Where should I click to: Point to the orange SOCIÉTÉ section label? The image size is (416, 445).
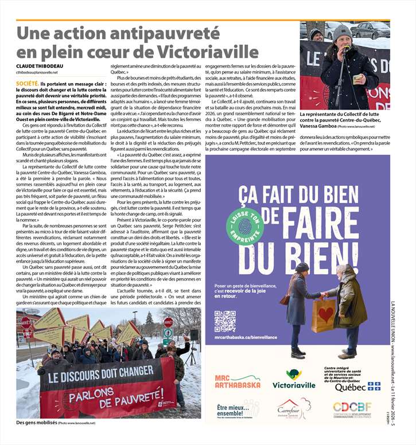(27, 83)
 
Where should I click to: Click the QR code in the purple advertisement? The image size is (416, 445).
(224, 322)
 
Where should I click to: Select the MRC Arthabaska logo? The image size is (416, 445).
(237, 381)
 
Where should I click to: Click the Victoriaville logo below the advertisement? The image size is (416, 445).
(294, 380)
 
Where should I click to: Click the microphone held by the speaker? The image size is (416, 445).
(346, 48)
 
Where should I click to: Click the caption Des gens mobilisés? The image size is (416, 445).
(36, 423)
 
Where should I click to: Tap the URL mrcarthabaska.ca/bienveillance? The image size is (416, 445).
(246, 337)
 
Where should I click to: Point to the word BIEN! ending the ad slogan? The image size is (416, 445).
(283, 260)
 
